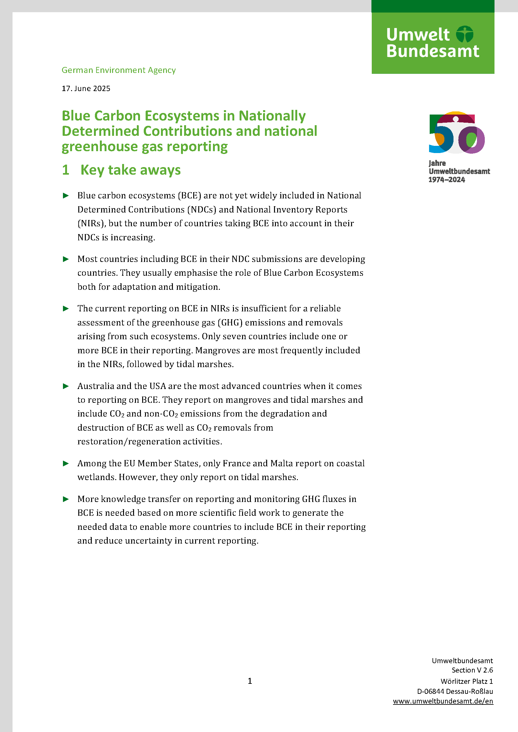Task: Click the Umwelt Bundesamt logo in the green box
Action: [433, 43]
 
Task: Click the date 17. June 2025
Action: [86, 89]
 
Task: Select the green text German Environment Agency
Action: [118, 70]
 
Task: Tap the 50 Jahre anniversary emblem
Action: [456, 132]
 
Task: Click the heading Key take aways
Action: [131, 170]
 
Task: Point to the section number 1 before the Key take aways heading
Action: [66, 170]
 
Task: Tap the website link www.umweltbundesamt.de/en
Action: [443, 701]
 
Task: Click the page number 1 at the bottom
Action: [250, 681]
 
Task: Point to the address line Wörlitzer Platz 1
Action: [466, 681]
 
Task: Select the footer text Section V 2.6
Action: [472, 670]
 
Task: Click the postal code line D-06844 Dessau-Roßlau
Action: [455, 691]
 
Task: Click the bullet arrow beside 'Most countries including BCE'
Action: [66, 259]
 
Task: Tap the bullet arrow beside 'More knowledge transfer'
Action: [66, 499]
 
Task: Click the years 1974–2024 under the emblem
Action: [446, 180]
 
